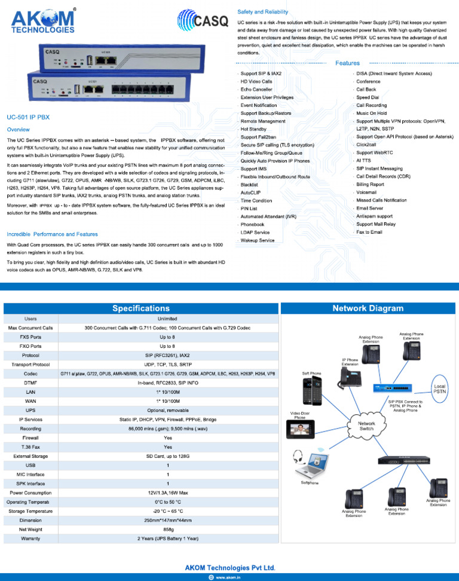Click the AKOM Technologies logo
tap(43, 21)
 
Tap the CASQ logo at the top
tap(203, 22)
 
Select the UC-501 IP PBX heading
tap(28, 118)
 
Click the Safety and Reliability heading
tap(262, 12)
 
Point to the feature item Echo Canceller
tap(256, 89)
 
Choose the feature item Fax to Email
tap(369, 232)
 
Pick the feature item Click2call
tap(368, 145)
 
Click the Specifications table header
tap(141, 308)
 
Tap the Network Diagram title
tap(368, 308)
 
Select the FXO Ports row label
tap(30, 346)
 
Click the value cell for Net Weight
tap(168, 529)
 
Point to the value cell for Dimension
tap(168, 520)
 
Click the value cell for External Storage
tap(168, 456)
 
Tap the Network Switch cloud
tap(366, 425)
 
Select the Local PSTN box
tap(439, 389)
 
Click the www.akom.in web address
tap(228, 577)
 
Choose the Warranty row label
tap(30, 538)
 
